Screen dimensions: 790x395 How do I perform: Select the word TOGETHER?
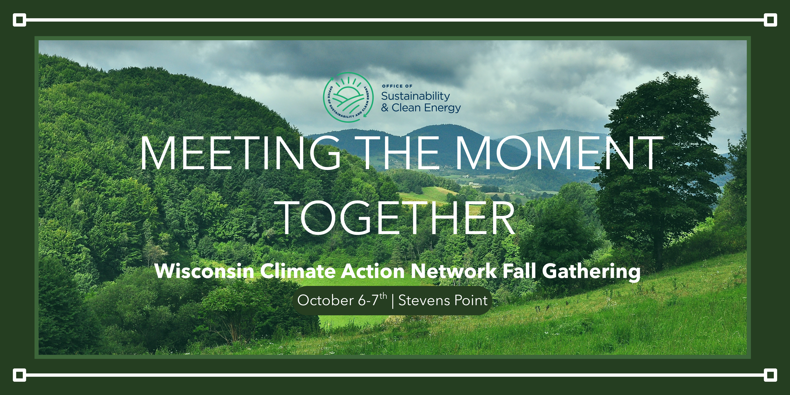[x=397, y=218]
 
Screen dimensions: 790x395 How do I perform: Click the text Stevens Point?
[x=443, y=300]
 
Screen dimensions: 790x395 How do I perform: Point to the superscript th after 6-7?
[x=383, y=296]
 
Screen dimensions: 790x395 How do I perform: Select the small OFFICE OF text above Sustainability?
[x=397, y=86]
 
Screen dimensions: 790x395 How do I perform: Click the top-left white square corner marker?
[x=19, y=20]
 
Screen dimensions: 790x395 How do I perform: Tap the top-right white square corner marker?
[x=770, y=20]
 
